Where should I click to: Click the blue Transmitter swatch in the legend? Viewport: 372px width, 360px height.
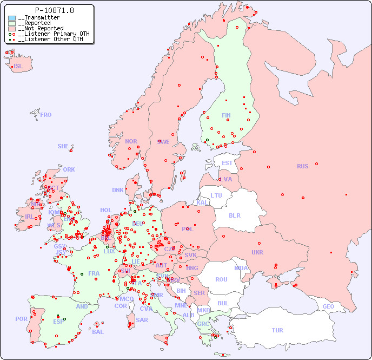point(12,18)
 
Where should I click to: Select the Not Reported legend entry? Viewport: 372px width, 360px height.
point(41,29)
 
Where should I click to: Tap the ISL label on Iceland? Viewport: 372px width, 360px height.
point(18,67)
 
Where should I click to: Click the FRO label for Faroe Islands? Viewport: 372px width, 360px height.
point(46,115)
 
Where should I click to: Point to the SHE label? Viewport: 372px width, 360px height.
point(63,146)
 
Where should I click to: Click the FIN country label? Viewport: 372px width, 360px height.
point(226,115)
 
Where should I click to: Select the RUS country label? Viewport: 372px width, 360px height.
point(302,166)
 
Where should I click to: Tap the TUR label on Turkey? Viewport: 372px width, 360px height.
point(277,330)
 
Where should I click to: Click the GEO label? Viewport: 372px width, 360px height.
point(328,306)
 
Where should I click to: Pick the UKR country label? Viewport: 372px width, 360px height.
point(257,252)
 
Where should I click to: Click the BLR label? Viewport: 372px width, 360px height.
point(235,215)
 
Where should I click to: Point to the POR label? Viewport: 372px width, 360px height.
point(21,319)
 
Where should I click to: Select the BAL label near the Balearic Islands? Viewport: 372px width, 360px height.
point(98,332)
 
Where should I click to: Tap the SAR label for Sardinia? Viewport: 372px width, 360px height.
point(142,320)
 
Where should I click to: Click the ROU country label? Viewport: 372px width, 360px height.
point(221,279)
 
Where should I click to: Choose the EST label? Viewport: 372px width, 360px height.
point(227,163)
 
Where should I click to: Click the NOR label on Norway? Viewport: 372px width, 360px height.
point(131,141)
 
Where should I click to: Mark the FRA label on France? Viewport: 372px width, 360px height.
point(94,273)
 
